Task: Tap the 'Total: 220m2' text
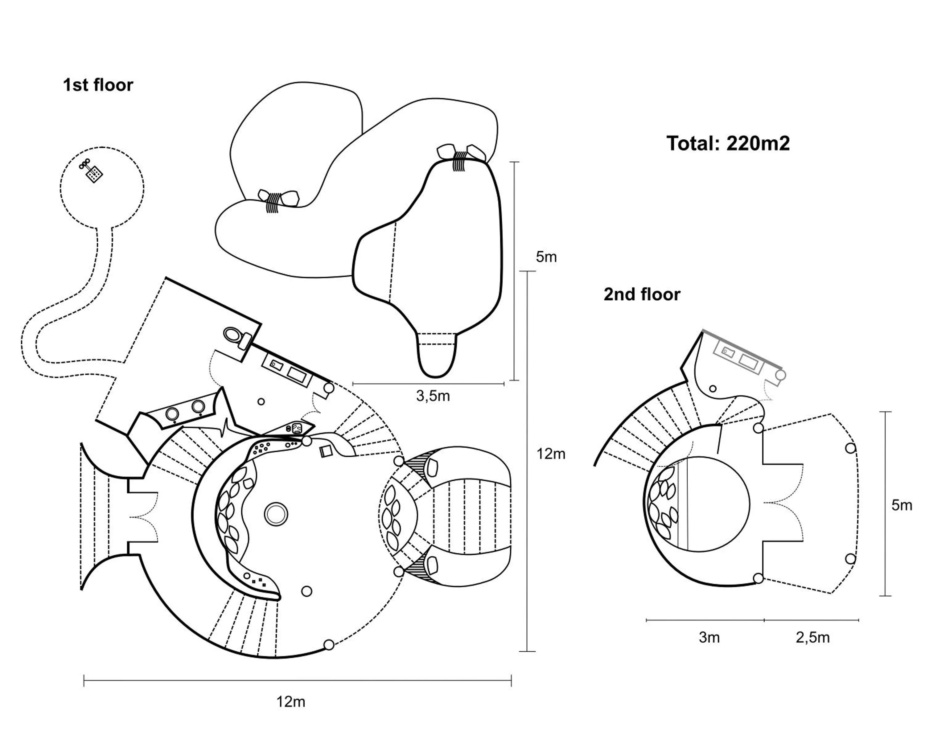pos(728,143)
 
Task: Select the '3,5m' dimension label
pos(433,396)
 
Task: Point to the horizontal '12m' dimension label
pos(290,701)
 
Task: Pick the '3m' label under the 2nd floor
pos(709,637)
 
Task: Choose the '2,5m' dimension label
pos(812,637)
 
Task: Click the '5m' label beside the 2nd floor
pos(901,505)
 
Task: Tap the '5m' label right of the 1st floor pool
pos(546,257)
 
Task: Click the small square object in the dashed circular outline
pos(93,174)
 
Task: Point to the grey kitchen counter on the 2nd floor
pos(739,358)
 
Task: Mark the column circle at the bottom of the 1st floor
pos(329,644)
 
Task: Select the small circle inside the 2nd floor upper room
pos(713,389)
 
